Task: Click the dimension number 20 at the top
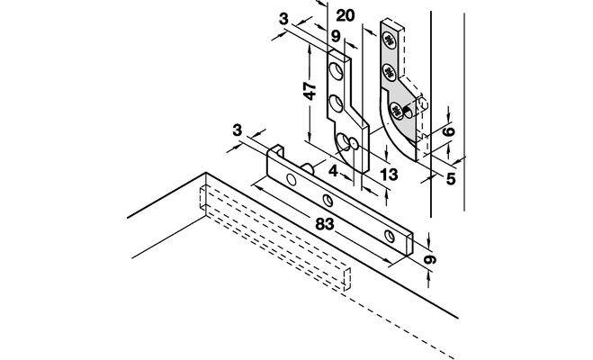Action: click(x=346, y=16)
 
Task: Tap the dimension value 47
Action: click(x=310, y=91)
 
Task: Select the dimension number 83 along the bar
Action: click(x=325, y=224)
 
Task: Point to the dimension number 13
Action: click(x=389, y=175)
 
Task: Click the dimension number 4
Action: click(x=333, y=171)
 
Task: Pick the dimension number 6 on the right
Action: click(x=448, y=131)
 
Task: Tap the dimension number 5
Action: click(x=451, y=179)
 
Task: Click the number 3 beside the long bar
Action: click(x=237, y=130)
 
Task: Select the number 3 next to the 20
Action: click(x=283, y=19)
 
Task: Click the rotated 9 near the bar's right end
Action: click(x=430, y=260)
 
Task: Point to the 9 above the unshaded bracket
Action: click(x=336, y=37)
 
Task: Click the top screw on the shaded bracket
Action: click(x=389, y=40)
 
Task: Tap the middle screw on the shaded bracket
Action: click(x=390, y=71)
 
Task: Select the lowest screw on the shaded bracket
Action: click(x=396, y=111)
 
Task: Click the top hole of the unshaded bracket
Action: click(x=336, y=71)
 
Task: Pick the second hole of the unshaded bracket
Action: click(x=336, y=103)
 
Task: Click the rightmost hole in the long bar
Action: click(x=389, y=236)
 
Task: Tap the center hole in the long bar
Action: click(x=328, y=201)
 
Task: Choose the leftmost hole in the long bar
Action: click(x=292, y=180)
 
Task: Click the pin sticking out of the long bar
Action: click(x=307, y=168)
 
